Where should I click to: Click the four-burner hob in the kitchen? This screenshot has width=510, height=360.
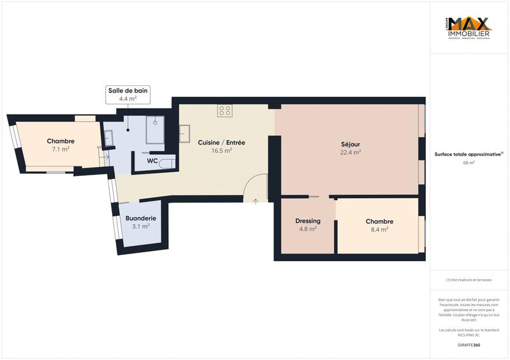(224, 111)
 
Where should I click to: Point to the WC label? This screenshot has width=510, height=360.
(152, 161)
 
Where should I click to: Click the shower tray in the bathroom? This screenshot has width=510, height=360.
(155, 130)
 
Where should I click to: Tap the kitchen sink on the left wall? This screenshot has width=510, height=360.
(185, 133)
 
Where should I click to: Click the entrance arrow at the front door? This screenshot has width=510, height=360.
(256, 201)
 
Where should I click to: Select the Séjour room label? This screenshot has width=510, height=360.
(351, 144)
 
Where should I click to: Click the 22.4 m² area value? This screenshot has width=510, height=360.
(351, 152)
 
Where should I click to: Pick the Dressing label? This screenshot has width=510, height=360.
(307, 221)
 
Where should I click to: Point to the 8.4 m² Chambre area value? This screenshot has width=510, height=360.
(379, 229)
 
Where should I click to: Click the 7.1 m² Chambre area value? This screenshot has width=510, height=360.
(61, 149)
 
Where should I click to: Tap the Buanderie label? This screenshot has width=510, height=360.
(140, 218)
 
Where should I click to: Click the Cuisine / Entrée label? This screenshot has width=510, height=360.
(221, 143)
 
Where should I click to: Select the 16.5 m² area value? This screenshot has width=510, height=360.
(221, 151)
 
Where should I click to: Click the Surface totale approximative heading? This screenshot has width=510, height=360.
(469, 154)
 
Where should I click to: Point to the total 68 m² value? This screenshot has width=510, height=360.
(469, 163)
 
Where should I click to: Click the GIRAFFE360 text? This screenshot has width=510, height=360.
(469, 345)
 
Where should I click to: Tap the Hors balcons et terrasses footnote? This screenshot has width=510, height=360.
(469, 280)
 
